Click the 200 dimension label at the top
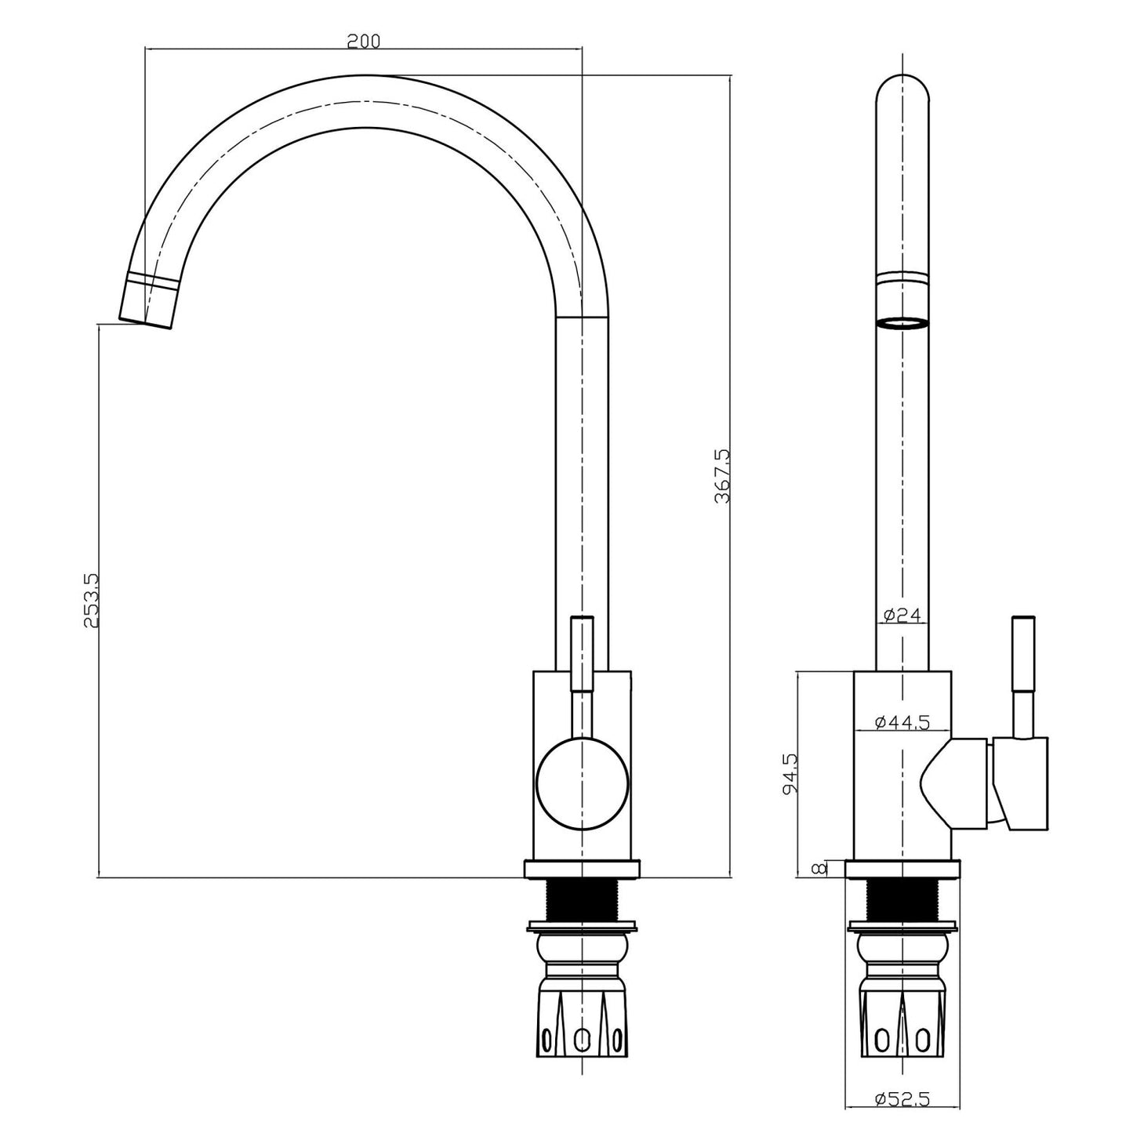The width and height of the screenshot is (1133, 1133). pyautogui.click(x=363, y=40)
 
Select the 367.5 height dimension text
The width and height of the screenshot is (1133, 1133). pyautogui.click(x=722, y=475)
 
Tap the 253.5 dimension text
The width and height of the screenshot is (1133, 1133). pyautogui.click(x=90, y=600)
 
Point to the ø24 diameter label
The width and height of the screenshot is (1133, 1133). pyautogui.click(x=902, y=616)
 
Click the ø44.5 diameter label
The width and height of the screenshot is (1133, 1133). pyautogui.click(x=901, y=721)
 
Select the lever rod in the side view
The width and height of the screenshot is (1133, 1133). pyautogui.click(x=1022, y=674)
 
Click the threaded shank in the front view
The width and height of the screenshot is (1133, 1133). pyautogui.click(x=581, y=901)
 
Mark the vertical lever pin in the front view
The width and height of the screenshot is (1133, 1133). pyautogui.click(x=582, y=653)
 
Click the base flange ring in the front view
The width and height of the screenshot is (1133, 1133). pyautogui.click(x=581, y=869)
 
